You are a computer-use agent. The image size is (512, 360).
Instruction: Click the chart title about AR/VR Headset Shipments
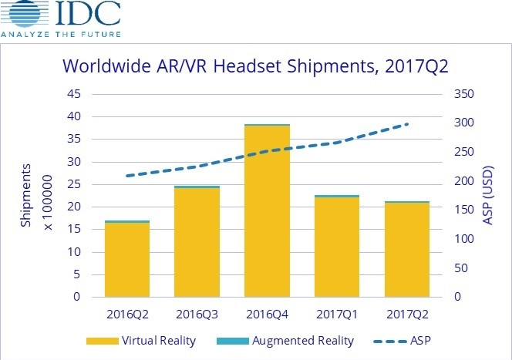click(256, 68)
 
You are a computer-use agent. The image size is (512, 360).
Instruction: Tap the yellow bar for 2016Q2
click(127, 260)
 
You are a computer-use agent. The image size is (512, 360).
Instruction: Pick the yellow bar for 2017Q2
click(406, 250)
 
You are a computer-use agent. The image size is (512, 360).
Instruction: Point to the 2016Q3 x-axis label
click(197, 316)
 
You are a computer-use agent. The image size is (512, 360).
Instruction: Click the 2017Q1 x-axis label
click(336, 316)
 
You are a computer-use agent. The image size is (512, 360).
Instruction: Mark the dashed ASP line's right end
click(407, 124)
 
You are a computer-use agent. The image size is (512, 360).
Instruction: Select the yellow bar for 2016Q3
click(197, 243)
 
